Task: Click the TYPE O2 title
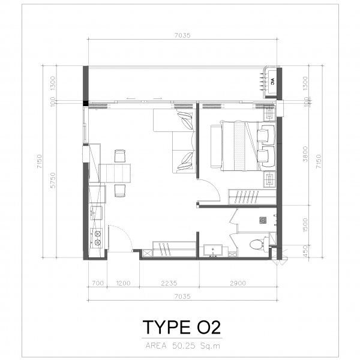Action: pyautogui.click(x=182, y=327)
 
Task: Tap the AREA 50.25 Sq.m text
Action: pyautogui.click(x=182, y=346)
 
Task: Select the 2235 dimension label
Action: pyautogui.click(x=169, y=283)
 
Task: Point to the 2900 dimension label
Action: pyautogui.click(x=238, y=283)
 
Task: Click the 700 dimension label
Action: pyautogui.click(x=98, y=283)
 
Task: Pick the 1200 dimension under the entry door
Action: pyautogui.click(x=123, y=283)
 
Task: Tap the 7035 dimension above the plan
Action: pyautogui.click(x=182, y=35)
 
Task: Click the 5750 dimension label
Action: pyautogui.click(x=53, y=180)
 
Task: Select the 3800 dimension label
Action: pyautogui.click(x=305, y=154)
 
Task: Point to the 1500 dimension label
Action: pyautogui.click(x=305, y=225)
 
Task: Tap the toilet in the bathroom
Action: pyautogui.click(x=259, y=244)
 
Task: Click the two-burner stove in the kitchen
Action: pyautogui.click(x=97, y=238)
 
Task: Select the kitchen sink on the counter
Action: pyautogui.click(x=96, y=213)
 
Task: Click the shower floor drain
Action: pyautogui.click(x=263, y=220)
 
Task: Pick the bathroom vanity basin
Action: pyautogui.click(x=213, y=250)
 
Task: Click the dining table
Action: pyautogui.click(x=115, y=173)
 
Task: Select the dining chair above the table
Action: pyautogui.click(x=120, y=156)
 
